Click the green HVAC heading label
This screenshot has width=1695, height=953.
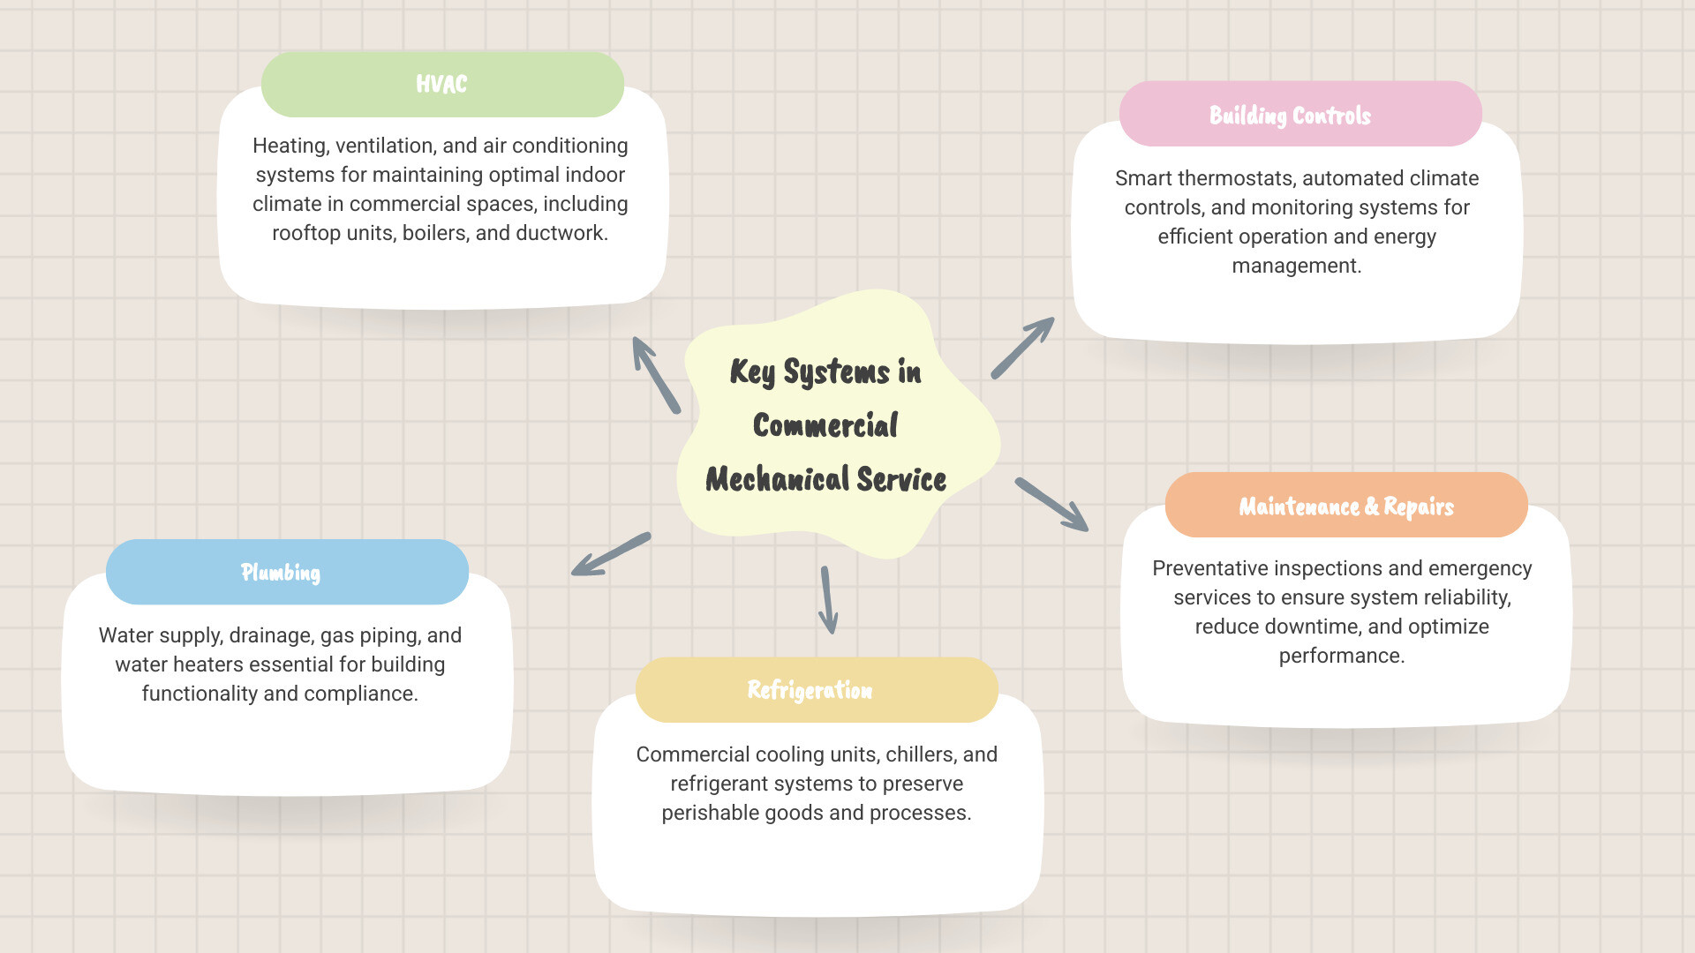441,85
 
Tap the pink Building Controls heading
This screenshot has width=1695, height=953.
1290,116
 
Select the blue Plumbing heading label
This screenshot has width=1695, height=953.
281,573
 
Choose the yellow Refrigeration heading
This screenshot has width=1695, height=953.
810,690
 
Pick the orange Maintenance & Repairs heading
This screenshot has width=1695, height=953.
1345,507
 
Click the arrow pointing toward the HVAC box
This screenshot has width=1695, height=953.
656,375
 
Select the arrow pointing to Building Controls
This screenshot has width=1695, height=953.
1022,348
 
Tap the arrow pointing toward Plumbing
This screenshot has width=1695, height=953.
611,554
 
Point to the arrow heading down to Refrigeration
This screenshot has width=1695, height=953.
828,600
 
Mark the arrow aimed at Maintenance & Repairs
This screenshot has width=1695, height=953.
1051,505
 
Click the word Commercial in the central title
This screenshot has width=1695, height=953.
825,425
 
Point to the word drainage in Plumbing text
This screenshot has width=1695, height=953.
269,635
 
